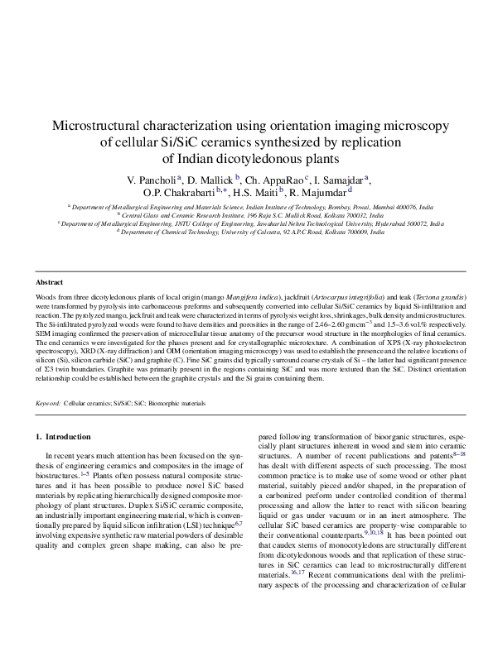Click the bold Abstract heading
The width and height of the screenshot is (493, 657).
pos(51,282)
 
